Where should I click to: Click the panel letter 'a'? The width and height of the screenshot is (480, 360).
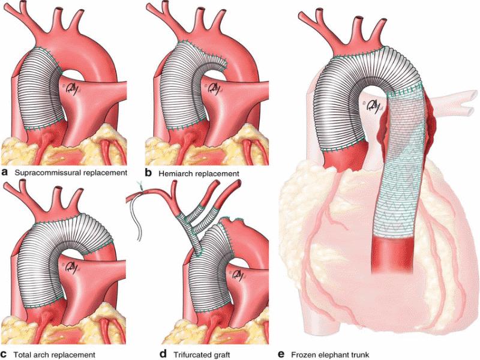pyautogui.click(x=5, y=172)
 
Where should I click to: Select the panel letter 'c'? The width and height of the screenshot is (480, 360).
pyautogui.click(x=5, y=353)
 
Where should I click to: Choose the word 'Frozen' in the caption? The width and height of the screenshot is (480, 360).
pyautogui.click(x=308, y=353)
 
